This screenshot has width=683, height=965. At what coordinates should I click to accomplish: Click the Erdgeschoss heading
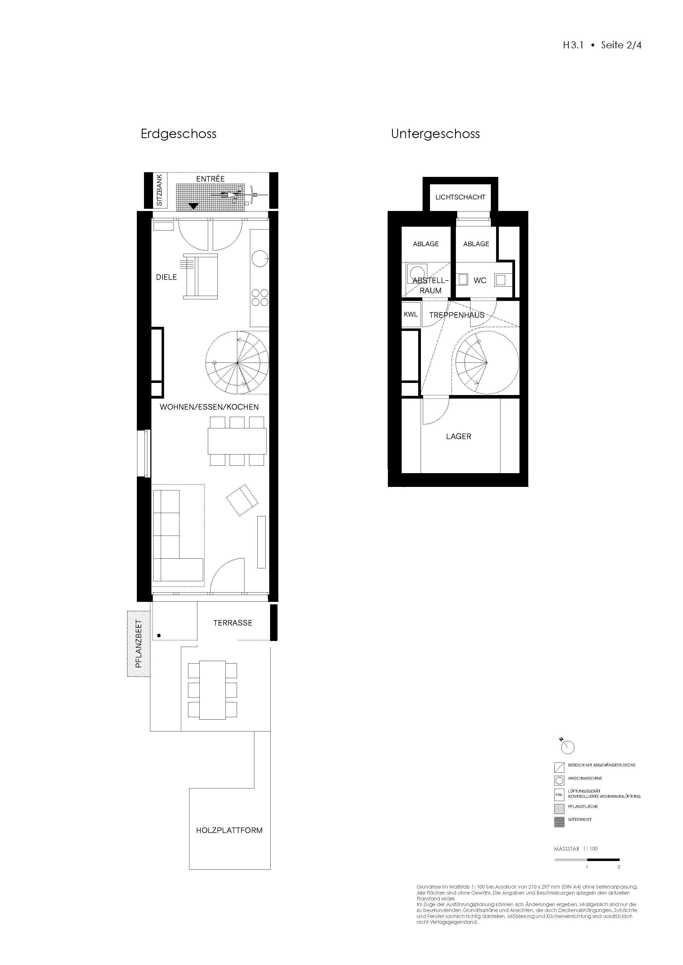(x=178, y=134)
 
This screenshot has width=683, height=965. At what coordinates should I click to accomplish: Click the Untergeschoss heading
(x=435, y=134)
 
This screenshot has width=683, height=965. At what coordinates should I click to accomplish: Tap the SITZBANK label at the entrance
(x=159, y=190)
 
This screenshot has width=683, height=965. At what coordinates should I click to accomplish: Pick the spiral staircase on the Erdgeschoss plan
(x=237, y=362)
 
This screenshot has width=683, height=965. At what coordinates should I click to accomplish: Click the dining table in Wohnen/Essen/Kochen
(x=237, y=441)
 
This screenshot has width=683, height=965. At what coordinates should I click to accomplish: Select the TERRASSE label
(x=233, y=623)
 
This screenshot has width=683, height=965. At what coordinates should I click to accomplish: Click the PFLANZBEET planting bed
(x=139, y=643)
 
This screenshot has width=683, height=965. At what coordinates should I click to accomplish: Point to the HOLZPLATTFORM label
(x=229, y=830)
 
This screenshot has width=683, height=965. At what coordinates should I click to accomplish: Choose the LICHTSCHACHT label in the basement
(x=460, y=197)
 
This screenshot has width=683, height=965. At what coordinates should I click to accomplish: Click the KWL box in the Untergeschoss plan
(x=411, y=314)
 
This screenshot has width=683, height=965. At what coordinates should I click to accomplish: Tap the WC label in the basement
(x=480, y=280)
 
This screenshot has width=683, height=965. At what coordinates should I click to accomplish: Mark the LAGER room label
(x=458, y=436)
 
